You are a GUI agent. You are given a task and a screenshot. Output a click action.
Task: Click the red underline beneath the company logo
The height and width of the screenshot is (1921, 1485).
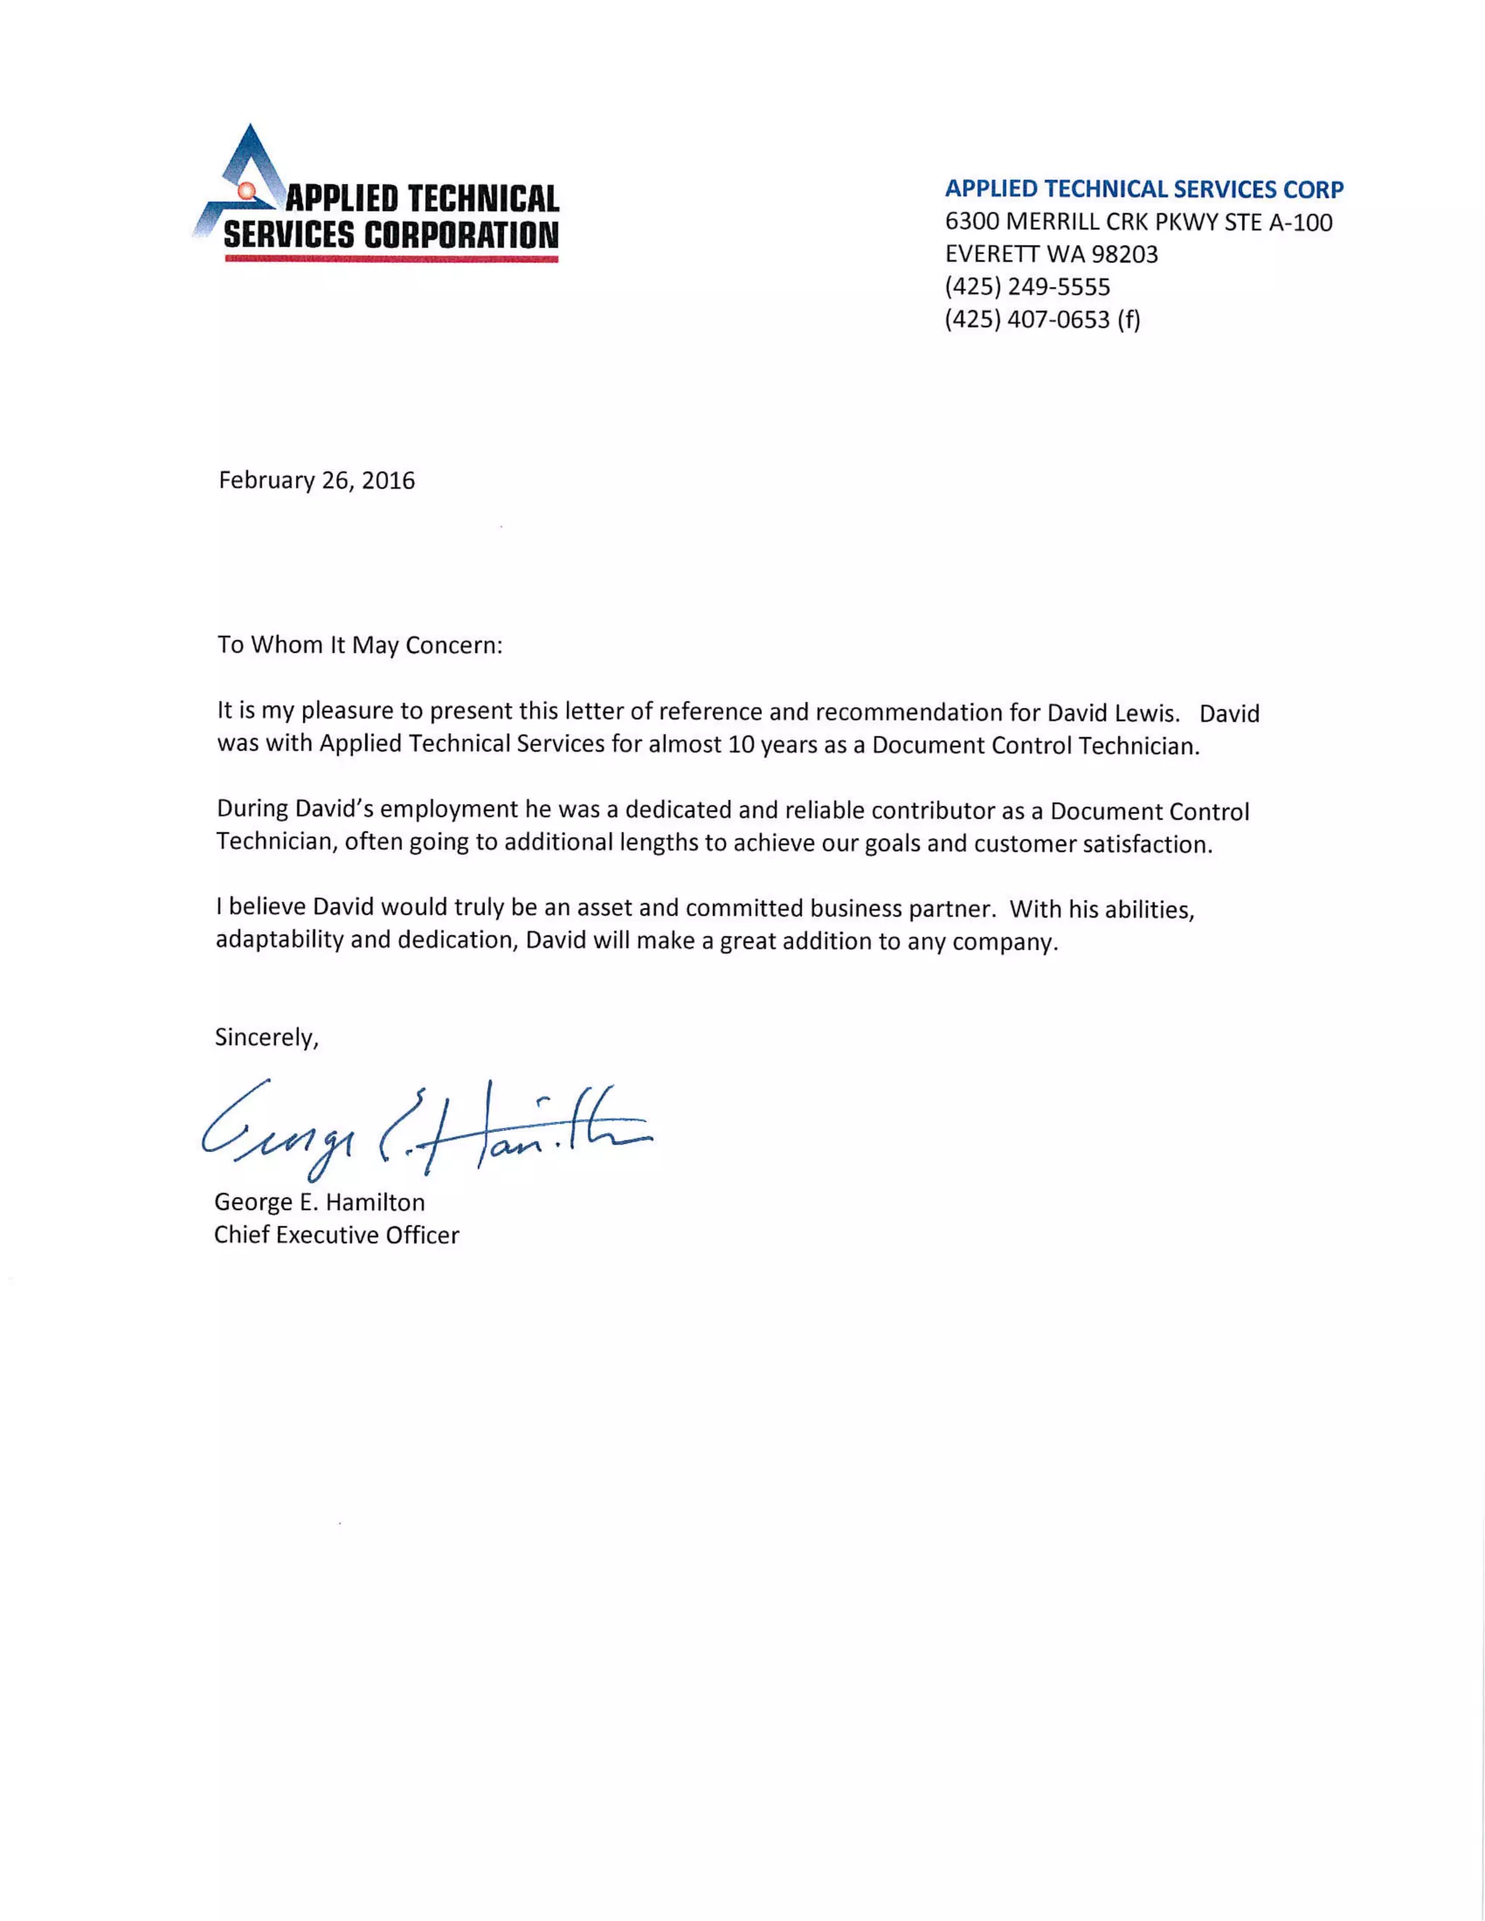[392, 260]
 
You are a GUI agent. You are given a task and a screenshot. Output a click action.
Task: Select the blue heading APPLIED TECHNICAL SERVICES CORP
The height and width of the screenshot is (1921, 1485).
[1143, 189]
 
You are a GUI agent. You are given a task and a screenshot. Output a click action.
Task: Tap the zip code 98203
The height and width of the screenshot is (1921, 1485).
[1125, 254]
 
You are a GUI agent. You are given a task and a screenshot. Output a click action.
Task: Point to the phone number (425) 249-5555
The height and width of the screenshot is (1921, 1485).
[1027, 287]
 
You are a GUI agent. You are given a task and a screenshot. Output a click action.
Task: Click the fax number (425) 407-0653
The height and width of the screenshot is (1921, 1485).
[1027, 319]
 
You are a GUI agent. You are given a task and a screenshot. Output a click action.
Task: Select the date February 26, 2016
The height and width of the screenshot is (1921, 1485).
[317, 480]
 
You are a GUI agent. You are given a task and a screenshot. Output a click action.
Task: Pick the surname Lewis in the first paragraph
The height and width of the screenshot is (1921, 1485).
[1144, 713]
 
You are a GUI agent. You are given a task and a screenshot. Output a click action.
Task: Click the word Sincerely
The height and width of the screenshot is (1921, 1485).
[265, 1038]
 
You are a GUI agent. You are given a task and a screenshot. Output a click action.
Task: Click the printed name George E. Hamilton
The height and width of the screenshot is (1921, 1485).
[319, 1203]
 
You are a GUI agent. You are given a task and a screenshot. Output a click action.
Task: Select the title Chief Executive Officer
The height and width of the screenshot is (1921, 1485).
[336, 1235]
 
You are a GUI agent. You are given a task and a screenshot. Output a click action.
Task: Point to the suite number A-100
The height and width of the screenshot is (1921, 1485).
[1300, 222]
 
